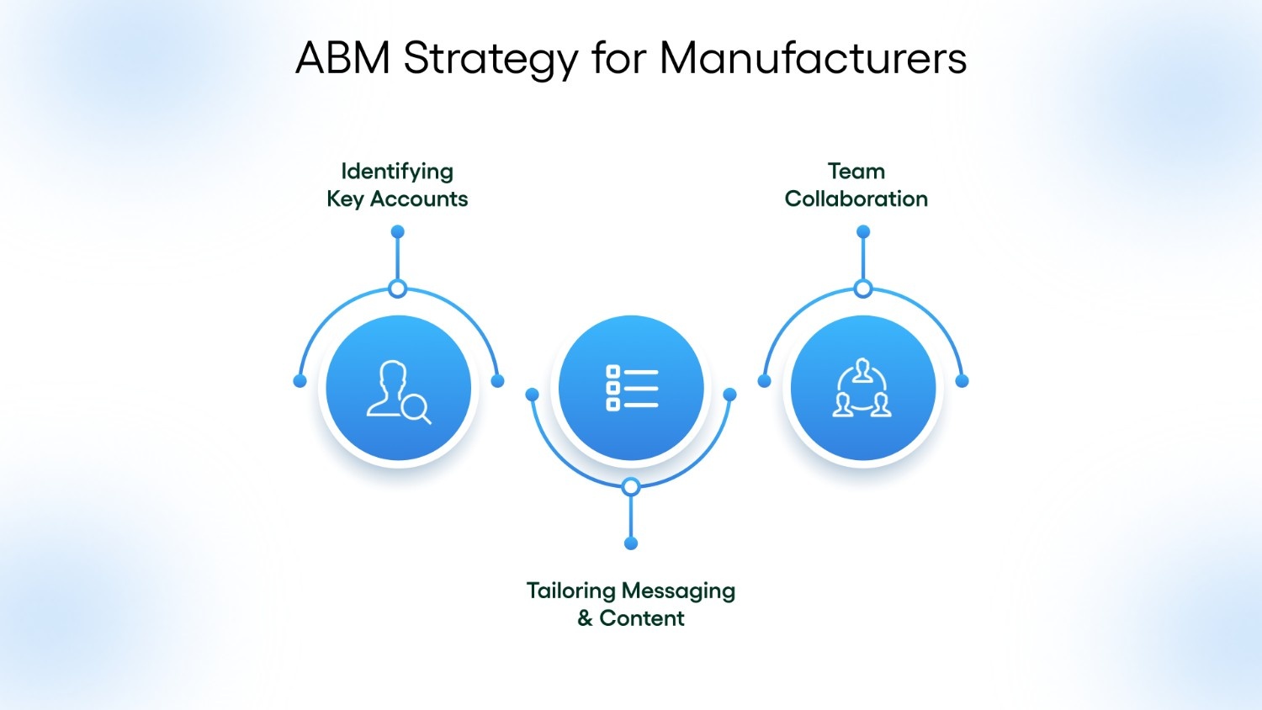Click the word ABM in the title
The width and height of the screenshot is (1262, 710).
[342, 59]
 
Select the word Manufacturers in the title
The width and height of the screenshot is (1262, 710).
[813, 59]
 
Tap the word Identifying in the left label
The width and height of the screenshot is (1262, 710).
[397, 172]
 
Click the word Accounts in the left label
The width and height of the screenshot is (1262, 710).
[419, 199]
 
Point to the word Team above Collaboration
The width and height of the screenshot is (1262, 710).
[856, 172]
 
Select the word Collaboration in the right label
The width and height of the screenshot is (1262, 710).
[856, 199]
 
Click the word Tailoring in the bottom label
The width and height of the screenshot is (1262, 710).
[570, 591]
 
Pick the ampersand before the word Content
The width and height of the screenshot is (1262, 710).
[585, 619]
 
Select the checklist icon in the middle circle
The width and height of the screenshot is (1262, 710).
[631, 389]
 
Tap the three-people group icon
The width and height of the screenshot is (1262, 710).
[862, 389]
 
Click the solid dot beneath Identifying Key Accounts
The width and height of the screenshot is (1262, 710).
[398, 231]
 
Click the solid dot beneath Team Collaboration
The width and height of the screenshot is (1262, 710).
[862, 231]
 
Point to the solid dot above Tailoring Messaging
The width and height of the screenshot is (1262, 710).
[631, 543]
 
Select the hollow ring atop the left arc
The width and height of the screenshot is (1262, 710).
[398, 289]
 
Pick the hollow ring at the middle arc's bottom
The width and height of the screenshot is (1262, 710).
[631, 487]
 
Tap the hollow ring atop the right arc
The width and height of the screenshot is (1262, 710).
[862, 289]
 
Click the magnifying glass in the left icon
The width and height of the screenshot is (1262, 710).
[415, 408]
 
